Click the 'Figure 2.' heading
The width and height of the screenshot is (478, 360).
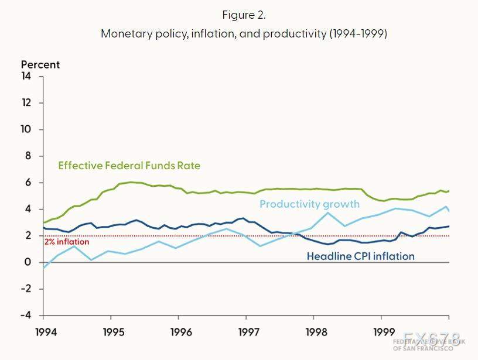[x=244, y=15]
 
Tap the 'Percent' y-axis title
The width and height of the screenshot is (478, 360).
[x=40, y=65]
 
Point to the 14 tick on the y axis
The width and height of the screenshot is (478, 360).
[x=26, y=76]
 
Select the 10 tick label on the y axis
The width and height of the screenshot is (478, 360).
[x=26, y=129]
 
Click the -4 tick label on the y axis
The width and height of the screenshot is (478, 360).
[x=26, y=316]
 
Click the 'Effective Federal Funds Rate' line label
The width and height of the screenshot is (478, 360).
[x=129, y=166]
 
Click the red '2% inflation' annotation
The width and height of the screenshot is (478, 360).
[x=67, y=242]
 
